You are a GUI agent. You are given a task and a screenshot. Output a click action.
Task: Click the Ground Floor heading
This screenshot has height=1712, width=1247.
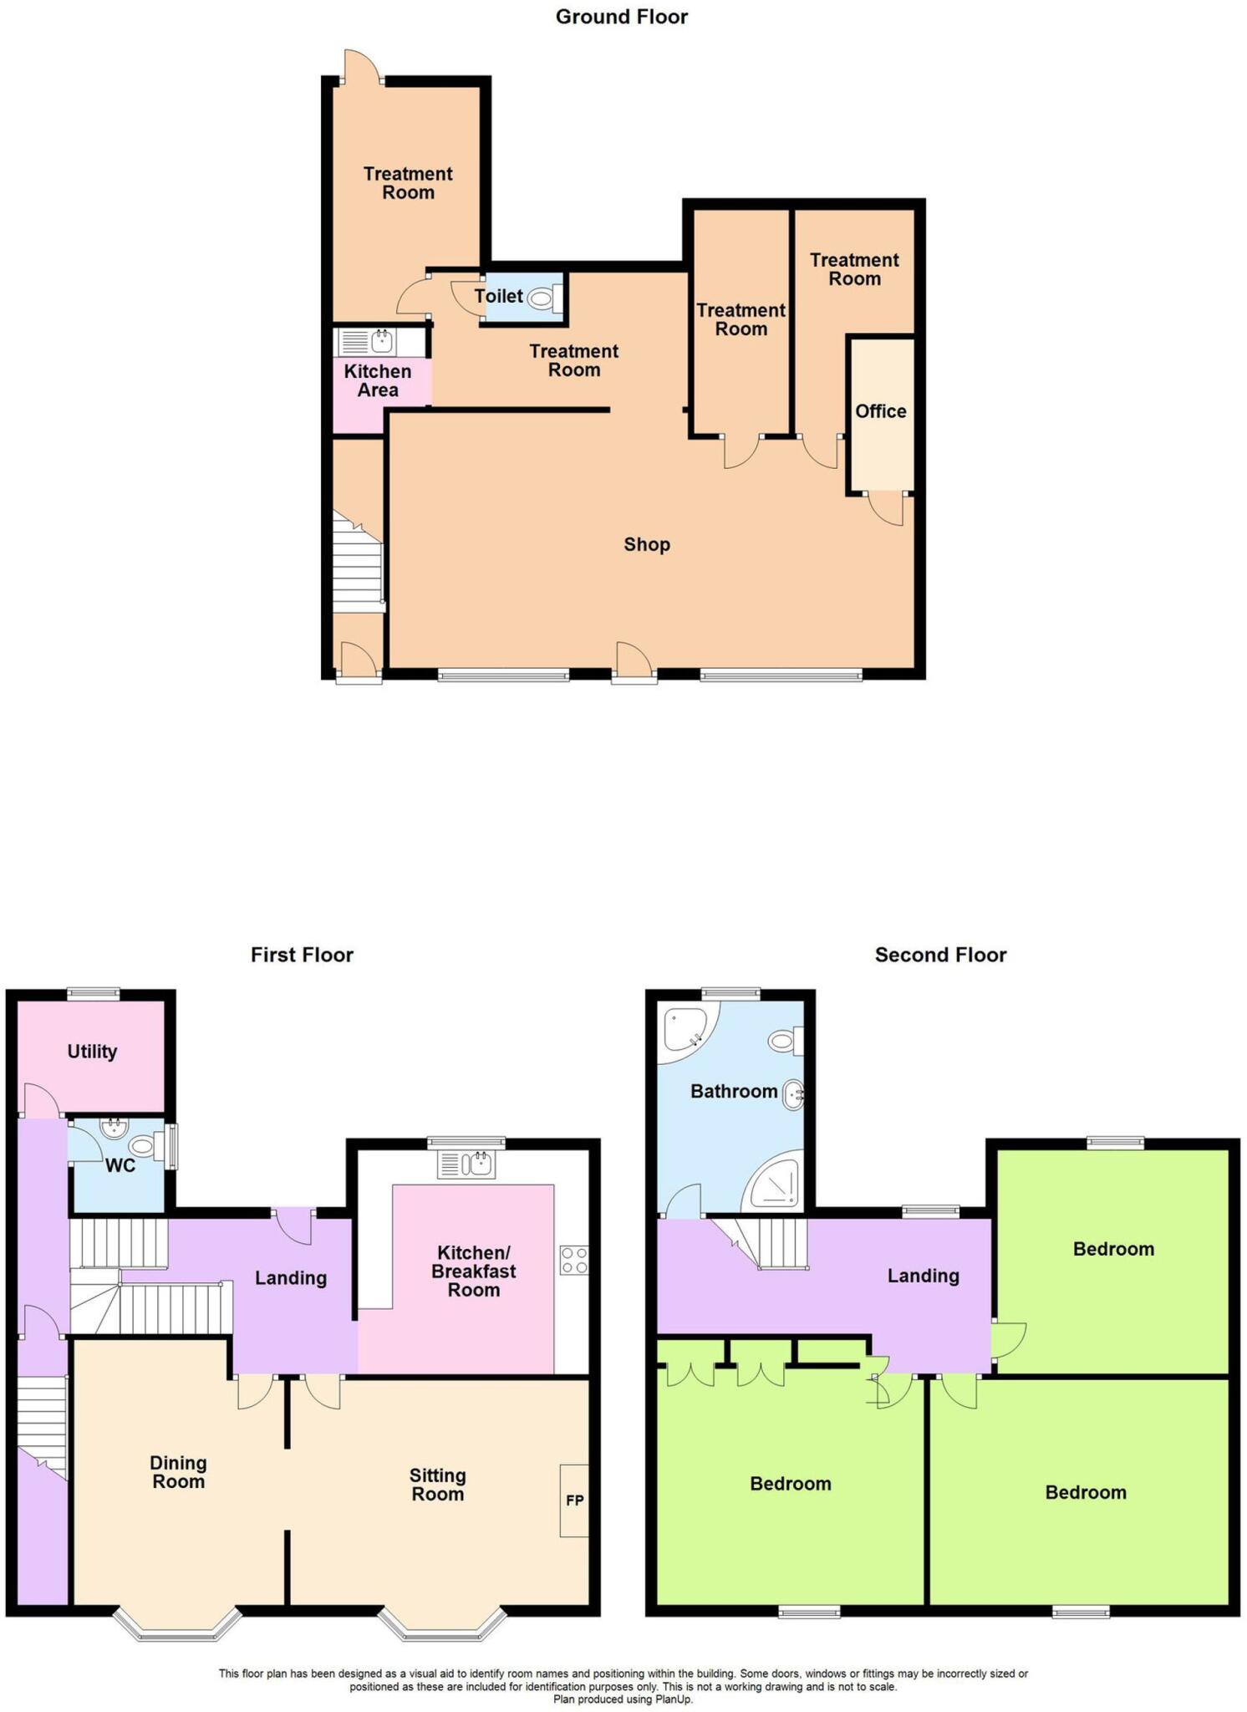[621, 17]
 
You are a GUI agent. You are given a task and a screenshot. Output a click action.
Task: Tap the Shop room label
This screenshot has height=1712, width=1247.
[647, 545]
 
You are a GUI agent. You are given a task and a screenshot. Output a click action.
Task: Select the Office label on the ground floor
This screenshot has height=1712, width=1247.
[880, 411]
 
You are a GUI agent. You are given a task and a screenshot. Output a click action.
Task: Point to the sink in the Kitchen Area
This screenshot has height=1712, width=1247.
[382, 341]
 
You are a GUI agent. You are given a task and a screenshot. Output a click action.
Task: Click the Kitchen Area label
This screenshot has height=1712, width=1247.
[378, 380]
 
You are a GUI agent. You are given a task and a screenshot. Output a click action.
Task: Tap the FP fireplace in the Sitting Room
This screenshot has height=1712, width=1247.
[574, 1501]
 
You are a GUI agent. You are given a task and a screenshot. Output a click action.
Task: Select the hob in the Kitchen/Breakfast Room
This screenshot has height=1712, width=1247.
[574, 1260]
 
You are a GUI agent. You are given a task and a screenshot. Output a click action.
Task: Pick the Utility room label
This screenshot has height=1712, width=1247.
[92, 1052]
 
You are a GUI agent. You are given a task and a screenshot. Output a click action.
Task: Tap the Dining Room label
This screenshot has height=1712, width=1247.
[178, 1472]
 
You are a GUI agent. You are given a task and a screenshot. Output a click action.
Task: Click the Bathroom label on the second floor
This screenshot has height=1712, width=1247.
[734, 1091]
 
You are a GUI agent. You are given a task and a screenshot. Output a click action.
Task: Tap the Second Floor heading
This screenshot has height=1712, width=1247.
[940, 955]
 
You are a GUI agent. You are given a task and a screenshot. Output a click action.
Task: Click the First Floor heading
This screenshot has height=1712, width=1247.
[302, 955]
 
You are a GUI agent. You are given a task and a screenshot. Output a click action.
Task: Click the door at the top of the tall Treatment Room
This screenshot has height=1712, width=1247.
[362, 67]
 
